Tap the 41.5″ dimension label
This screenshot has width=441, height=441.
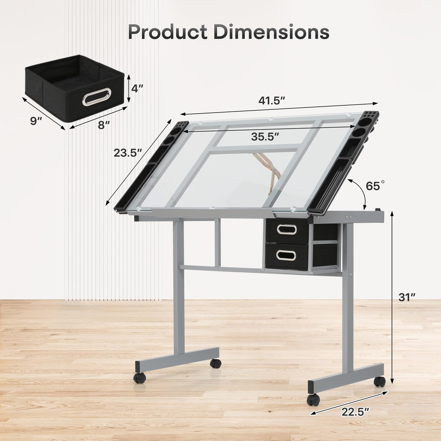[271, 101]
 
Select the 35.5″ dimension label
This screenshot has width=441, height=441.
[265, 137]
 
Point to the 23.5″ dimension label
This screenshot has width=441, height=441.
[127, 153]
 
